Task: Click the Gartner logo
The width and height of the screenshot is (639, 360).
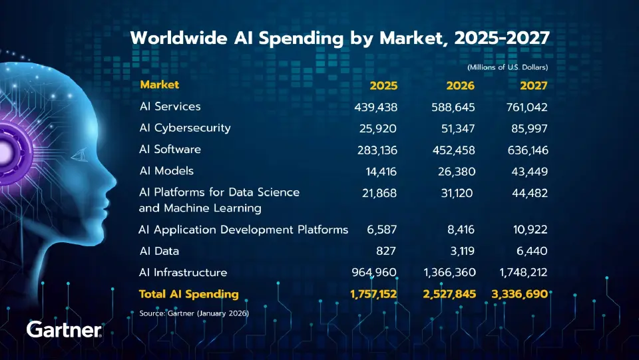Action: (x=64, y=329)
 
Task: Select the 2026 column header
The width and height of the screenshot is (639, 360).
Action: (x=461, y=86)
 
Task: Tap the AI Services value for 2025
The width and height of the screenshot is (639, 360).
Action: (x=372, y=106)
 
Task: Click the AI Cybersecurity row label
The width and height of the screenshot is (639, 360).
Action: (x=185, y=128)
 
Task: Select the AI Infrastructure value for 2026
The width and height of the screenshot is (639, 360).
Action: (x=449, y=273)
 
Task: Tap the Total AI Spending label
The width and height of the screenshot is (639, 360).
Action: (x=188, y=293)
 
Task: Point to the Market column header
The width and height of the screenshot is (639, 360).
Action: (x=159, y=85)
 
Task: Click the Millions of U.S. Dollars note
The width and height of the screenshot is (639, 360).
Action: (x=507, y=67)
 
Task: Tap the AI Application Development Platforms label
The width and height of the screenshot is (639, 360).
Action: (x=243, y=230)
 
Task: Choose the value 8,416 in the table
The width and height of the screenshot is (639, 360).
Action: (x=461, y=230)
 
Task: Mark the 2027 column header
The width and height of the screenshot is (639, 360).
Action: (x=533, y=86)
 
